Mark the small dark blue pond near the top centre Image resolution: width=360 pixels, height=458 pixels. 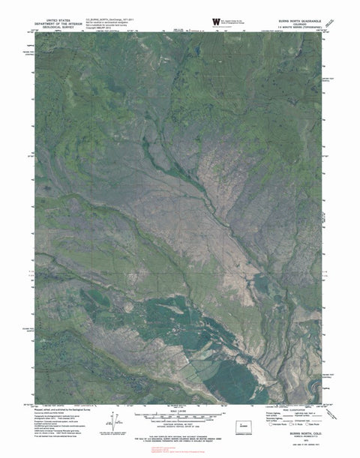190,50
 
